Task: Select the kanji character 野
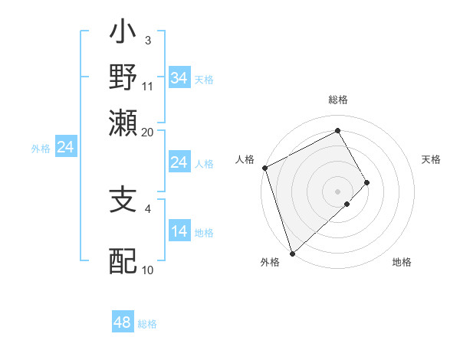(123, 78)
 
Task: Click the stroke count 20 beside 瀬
(147, 132)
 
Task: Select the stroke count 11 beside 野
(148, 86)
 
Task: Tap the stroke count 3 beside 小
(147, 41)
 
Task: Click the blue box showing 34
(179, 78)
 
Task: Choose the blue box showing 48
(123, 323)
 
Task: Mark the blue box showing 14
(179, 231)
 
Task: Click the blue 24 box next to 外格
(66, 147)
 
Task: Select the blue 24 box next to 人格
(179, 162)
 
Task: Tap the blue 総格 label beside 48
(147, 324)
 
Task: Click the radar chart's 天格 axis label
(431, 159)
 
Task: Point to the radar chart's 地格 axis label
(402, 262)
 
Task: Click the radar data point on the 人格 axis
(264, 167)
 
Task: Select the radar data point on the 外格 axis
(292, 253)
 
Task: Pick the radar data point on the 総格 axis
(338, 131)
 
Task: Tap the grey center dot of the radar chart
(338, 191)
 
